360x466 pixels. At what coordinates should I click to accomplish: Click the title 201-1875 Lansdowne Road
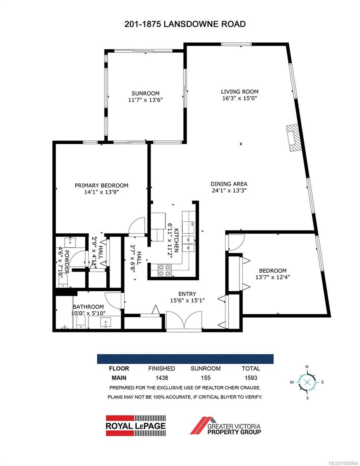pyautogui.click(x=185, y=24)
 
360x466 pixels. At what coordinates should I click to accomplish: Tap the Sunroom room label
pyautogui.click(x=146, y=93)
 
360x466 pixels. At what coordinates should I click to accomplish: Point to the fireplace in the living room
pyautogui.click(x=293, y=138)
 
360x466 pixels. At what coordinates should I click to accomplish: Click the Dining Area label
pyautogui.click(x=229, y=184)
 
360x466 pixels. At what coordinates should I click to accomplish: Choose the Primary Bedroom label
pyautogui.click(x=101, y=186)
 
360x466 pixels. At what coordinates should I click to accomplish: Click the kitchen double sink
pyautogui.click(x=189, y=243)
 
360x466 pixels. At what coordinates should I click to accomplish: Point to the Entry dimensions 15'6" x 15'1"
pyautogui.click(x=187, y=300)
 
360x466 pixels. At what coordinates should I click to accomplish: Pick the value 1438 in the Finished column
pyautogui.click(x=161, y=377)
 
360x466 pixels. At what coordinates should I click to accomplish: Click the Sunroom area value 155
pyautogui.click(x=205, y=377)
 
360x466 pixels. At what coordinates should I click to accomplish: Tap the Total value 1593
pyautogui.click(x=250, y=377)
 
